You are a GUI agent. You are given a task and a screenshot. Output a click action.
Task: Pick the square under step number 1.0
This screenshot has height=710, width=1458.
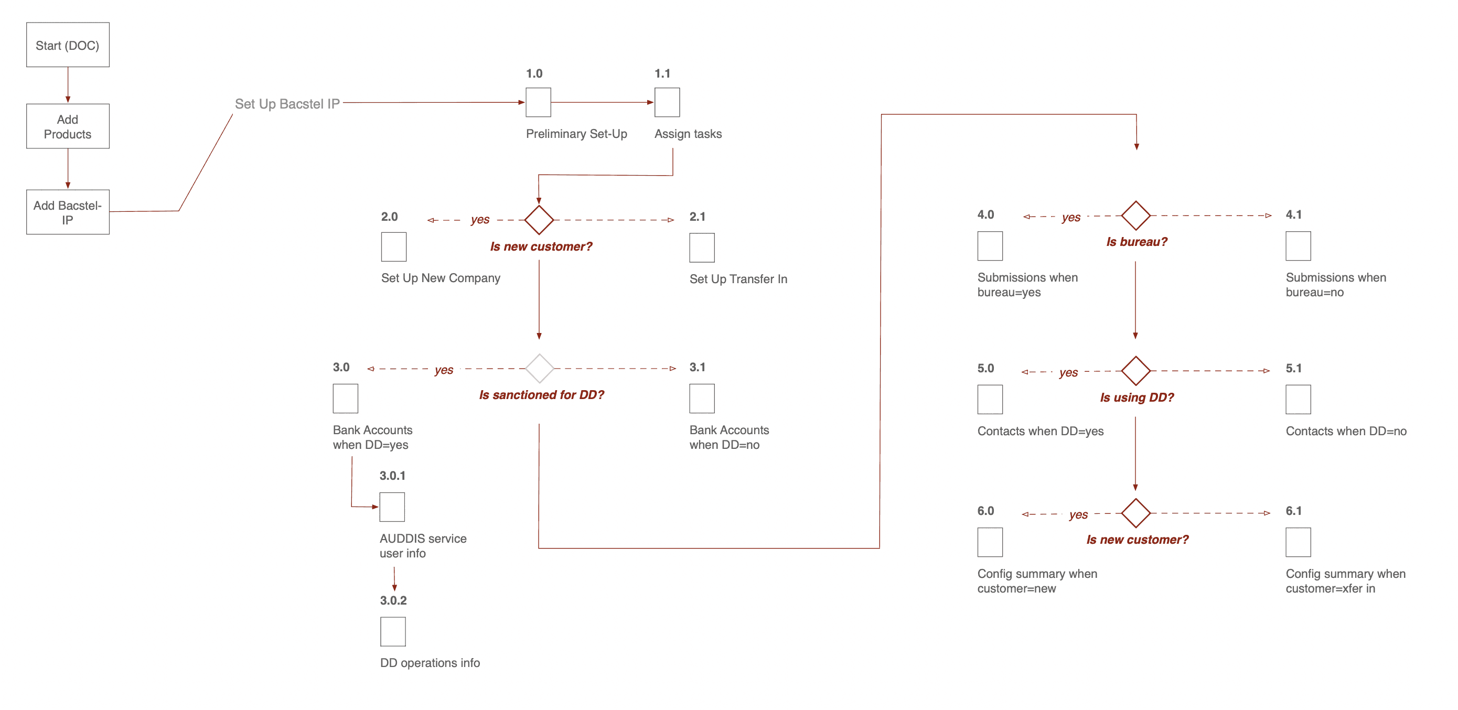click(538, 102)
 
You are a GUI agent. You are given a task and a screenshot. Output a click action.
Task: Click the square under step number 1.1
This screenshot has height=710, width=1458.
click(667, 102)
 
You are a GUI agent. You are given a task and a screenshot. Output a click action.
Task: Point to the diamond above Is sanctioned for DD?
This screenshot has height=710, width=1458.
click(539, 368)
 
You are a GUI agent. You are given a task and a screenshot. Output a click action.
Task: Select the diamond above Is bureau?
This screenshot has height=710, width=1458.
click(1135, 216)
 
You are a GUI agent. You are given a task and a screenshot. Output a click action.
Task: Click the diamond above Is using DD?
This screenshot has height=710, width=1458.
click(1135, 371)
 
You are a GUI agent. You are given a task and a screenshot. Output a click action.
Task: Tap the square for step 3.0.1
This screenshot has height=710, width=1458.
click(392, 507)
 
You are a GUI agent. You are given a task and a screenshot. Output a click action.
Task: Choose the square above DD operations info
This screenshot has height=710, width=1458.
click(393, 631)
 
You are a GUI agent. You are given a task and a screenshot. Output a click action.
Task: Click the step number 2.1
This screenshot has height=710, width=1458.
click(698, 217)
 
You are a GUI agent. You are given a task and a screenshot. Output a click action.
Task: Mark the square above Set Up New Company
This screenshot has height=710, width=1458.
click(393, 246)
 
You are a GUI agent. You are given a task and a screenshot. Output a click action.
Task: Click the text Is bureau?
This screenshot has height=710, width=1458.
click(1137, 242)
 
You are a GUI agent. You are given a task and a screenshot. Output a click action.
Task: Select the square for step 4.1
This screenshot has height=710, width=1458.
click(1298, 246)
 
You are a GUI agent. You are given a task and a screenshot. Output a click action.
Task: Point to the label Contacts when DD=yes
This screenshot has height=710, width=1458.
click(1041, 431)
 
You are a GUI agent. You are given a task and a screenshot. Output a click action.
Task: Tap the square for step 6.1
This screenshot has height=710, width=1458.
click(1298, 542)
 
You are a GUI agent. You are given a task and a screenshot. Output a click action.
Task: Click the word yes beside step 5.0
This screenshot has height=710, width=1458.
click(1068, 372)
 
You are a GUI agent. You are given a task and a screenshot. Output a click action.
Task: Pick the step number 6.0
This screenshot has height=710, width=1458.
click(985, 511)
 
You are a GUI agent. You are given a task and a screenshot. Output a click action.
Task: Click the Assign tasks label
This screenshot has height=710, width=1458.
click(688, 134)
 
